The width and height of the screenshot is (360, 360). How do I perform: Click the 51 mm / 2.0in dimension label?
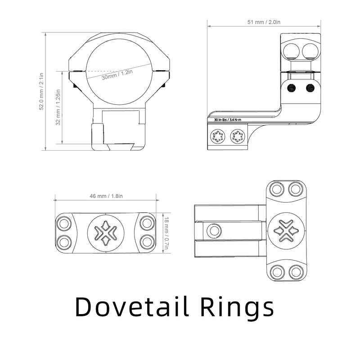(x=264, y=22)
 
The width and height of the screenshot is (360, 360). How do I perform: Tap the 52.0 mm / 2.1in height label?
(x=41, y=91)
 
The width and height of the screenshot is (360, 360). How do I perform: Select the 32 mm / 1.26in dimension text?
(x=58, y=107)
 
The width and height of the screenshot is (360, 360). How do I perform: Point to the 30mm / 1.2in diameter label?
(x=117, y=75)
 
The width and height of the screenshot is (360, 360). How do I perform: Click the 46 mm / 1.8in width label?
(x=106, y=196)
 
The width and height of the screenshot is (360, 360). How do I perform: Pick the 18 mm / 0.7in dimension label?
(x=166, y=233)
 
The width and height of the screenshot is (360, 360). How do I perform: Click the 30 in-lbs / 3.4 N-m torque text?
(x=228, y=120)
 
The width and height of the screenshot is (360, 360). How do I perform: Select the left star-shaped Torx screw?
(x=218, y=137)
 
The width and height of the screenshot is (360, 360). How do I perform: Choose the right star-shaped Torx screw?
(x=238, y=137)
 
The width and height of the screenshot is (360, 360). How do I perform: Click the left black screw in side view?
(x=291, y=88)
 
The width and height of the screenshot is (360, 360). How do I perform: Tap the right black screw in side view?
(x=310, y=88)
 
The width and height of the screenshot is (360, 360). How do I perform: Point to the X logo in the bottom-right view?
(x=286, y=230)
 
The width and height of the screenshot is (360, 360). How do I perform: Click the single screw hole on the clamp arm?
(x=214, y=230)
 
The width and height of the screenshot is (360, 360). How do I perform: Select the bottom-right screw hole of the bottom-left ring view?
(x=147, y=242)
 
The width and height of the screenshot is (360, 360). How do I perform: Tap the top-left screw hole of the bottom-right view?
(x=276, y=189)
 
